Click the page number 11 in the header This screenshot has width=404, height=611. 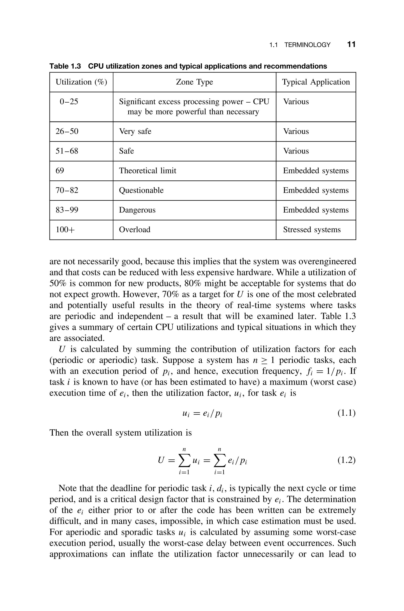(351, 44)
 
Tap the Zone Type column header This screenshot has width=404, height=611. (194, 82)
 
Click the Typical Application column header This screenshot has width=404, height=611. (316, 82)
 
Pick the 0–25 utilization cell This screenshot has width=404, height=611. (69, 102)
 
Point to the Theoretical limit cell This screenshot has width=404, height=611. (147, 171)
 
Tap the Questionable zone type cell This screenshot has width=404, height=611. (141, 190)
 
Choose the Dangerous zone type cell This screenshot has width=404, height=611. (137, 210)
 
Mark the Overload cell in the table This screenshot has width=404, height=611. (135, 230)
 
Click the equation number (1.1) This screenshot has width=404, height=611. (346, 413)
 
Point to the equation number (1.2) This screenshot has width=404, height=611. (346, 460)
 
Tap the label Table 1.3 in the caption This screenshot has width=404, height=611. (65, 66)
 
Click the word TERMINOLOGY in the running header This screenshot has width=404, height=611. (307, 45)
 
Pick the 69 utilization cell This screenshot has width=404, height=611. (60, 171)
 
